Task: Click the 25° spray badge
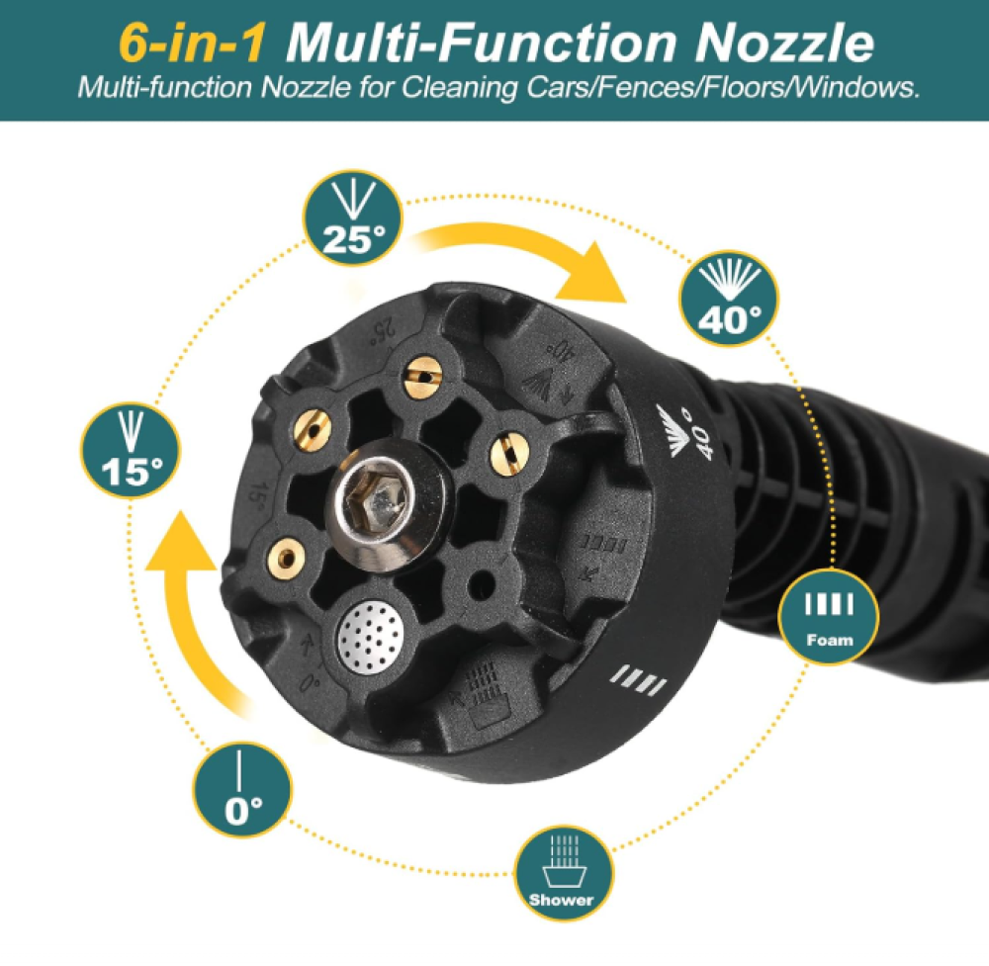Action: coord(353,218)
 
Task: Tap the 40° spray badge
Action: coord(729,299)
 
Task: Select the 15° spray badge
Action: coord(131,451)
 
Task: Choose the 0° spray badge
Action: coord(241,789)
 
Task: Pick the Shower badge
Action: coord(563,873)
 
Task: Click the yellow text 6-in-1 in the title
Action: coord(193,43)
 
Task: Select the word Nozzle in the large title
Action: coord(785,43)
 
